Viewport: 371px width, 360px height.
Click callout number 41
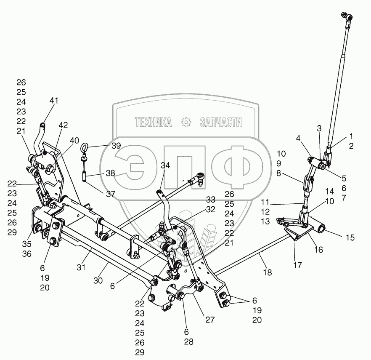[54, 101]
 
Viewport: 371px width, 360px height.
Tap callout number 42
[63, 125]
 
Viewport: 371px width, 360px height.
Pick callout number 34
[165, 165]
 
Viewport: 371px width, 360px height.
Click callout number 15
[350, 238]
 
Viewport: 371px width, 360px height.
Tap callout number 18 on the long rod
[267, 273]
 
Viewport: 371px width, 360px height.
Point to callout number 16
[318, 250]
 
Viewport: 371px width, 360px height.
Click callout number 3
[319, 128]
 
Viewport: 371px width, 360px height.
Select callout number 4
[298, 138]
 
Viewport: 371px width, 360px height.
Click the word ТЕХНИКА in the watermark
[154, 123]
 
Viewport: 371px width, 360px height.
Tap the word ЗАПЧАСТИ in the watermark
[221, 123]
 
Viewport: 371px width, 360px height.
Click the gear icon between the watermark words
[185, 123]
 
